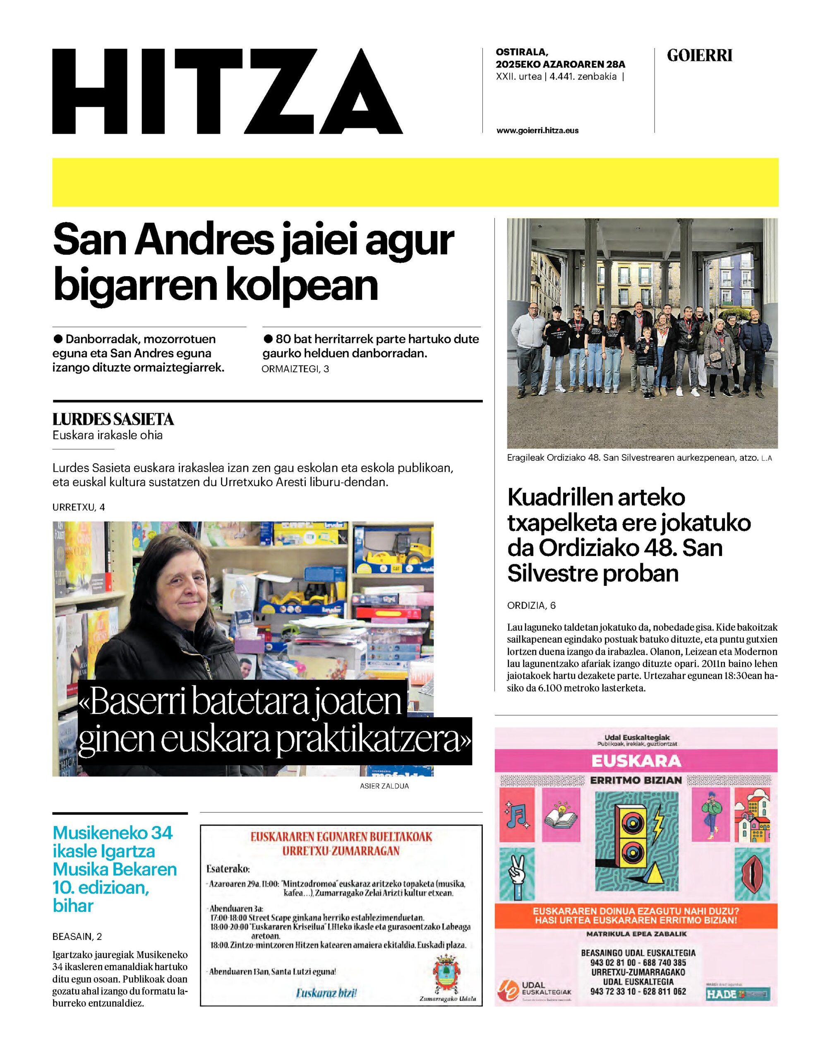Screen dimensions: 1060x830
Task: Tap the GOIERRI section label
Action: click(699, 56)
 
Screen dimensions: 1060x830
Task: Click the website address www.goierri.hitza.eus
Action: click(537, 130)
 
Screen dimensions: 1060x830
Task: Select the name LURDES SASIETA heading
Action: click(113, 419)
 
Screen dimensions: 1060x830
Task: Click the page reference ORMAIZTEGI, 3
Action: click(295, 369)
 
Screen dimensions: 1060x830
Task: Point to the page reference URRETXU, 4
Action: click(79, 507)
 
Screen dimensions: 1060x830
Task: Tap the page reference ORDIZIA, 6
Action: click(531, 605)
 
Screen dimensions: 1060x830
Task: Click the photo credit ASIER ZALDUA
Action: click(384, 786)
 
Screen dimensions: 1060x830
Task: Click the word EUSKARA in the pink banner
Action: click(636, 761)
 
